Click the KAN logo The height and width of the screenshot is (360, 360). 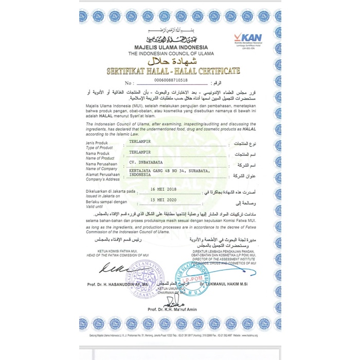coord(248,39)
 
